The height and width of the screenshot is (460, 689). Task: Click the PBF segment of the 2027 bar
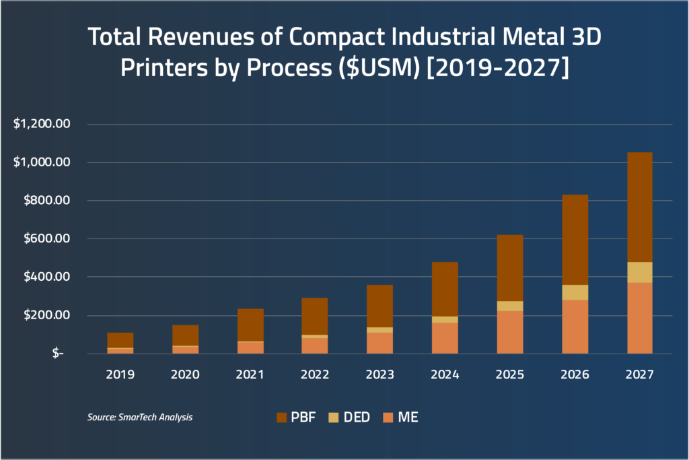pyautogui.click(x=639, y=207)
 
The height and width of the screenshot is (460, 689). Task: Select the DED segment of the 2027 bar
pyautogui.click(x=639, y=272)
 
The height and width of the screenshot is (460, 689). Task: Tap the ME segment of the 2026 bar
pyautogui.click(x=575, y=326)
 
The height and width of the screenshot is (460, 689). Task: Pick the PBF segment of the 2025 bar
pyautogui.click(x=509, y=268)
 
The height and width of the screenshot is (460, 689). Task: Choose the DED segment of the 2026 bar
pyautogui.click(x=575, y=292)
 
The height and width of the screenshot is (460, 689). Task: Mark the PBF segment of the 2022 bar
pyautogui.click(x=315, y=316)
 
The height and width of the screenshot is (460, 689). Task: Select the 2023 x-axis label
pyautogui.click(x=379, y=375)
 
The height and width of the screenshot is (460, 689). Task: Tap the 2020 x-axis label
pyautogui.click(x=184, y=375)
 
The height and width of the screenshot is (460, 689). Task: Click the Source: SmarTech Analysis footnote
pyautogui.click(x=140, y=418)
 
